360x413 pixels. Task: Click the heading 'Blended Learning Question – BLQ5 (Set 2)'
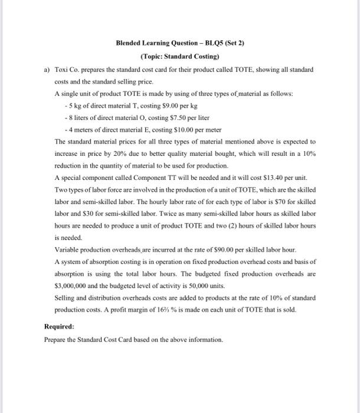[x=179, y=44]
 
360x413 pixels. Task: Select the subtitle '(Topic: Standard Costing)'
[x=179, y=57]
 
